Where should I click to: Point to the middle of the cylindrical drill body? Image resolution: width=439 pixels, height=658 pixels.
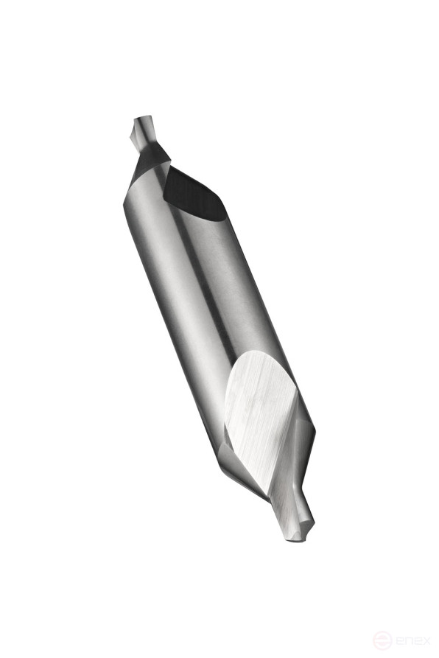click(206, 295)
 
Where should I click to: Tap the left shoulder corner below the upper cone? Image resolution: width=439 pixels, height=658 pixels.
click(125, 203)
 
